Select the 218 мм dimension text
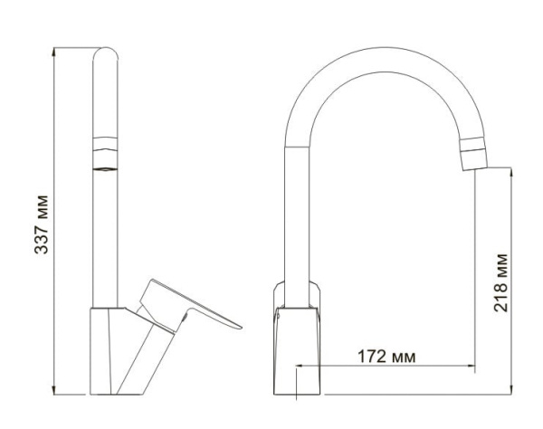503,281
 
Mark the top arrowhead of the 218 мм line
514,169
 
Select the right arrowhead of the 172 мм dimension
473,367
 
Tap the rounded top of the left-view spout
107,52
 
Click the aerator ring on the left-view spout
107,153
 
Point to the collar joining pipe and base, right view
299,293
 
